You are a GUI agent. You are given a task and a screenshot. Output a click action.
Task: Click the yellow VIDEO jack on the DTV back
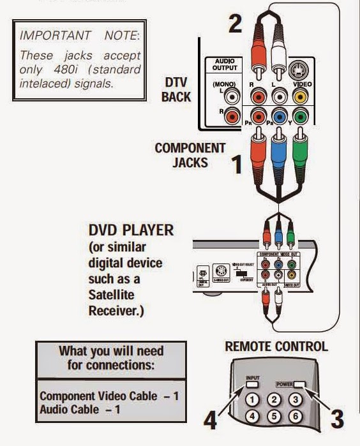(300, 98)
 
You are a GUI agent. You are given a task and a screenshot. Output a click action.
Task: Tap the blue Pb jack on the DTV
(278, 117)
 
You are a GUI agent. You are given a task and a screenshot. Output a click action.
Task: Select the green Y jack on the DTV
(300, 117)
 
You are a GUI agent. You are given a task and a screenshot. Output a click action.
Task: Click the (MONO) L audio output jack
(234, 97)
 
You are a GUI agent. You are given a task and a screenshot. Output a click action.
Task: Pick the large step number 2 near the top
(236, 24)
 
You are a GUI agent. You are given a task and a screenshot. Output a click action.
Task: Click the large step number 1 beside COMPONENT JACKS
(236, 165)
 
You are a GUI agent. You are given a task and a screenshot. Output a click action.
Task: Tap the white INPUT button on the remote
(253, 385)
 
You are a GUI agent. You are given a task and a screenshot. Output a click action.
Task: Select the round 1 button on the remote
(253, 401)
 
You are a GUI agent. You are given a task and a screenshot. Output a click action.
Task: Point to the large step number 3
(336, 418)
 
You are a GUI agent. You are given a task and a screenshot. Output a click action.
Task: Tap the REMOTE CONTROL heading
(276, 347)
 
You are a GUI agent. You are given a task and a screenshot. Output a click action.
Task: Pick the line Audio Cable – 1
(81, 409)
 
